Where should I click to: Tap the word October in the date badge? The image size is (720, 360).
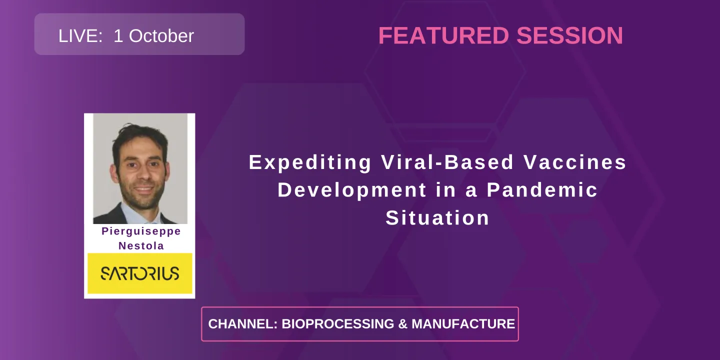coord(161,36)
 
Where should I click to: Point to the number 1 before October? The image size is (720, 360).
coord(118,36)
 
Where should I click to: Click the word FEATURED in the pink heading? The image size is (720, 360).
coord(443,36)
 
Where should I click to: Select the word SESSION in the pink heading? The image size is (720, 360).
coord(569,36)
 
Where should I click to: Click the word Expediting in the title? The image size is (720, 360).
coord(310,162)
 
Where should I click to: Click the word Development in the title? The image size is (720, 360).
coord(352,190)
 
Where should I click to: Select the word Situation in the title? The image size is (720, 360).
coord(437,218)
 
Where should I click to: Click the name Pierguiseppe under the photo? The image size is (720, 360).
coord(141,231)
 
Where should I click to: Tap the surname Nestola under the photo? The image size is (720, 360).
coord(141,245)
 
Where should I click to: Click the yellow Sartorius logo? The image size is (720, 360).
coord(140,273)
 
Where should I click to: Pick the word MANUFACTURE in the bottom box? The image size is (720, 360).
coord(463,324)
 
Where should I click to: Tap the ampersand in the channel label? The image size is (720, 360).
coord(402,324)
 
